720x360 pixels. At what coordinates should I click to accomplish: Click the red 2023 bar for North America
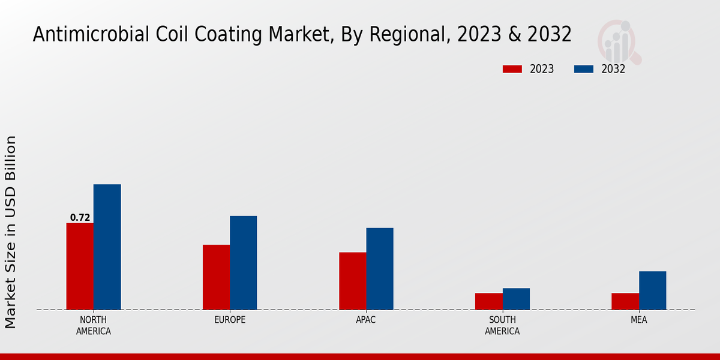80,266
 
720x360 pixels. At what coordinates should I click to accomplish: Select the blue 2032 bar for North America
107,247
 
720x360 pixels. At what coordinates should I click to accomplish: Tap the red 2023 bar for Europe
216,277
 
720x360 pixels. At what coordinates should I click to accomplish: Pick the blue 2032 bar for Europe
243,263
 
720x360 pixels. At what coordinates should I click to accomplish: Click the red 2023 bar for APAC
352,281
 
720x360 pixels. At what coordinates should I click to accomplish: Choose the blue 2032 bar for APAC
380,269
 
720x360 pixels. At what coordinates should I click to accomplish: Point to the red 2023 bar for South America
488,301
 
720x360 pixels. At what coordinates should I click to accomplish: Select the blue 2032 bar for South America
516,299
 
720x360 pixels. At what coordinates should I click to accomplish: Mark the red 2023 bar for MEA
625,301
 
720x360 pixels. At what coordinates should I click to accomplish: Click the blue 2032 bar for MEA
652,290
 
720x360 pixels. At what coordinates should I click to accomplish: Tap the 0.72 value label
80,218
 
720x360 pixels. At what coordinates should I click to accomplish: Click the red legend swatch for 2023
512,69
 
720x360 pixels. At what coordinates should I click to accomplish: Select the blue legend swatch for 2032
584,69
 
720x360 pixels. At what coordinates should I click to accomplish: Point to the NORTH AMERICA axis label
94,325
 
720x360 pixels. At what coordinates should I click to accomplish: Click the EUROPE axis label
230,320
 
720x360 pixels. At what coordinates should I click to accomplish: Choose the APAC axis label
366,320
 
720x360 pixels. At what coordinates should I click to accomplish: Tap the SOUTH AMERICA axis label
502,325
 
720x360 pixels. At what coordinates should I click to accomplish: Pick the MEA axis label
638,320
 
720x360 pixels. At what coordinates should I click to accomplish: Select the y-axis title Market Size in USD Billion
11,232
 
